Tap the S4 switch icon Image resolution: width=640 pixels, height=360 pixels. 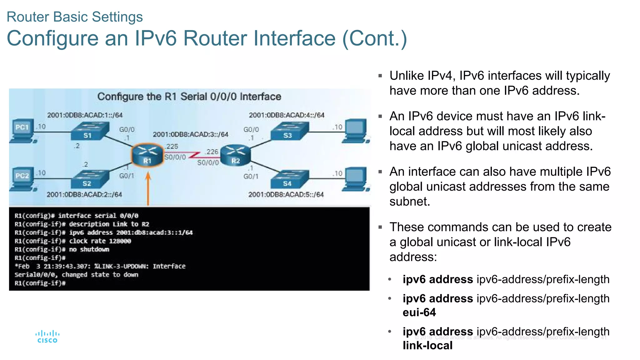pyautogui.click(x=289, y=179)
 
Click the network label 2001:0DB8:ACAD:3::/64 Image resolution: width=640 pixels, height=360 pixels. pyautogui.click(x=190, y=134)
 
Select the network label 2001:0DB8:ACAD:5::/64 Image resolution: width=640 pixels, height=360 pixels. pyautogui.click(x=286, y=194)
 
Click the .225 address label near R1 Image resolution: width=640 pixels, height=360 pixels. pyautogui.click(x=172, y=146)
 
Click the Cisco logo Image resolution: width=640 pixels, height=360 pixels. pyautogui.click(x=47, y=337)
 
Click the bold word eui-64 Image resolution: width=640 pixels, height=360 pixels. pyautogui.click(x=419, y=312)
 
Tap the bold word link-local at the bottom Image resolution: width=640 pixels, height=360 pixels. pyautogui.click(x=427, y=346)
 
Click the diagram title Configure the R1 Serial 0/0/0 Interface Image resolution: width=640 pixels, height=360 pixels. pyautogui.click(x=189, y=97)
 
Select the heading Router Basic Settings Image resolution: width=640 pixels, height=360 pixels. pyautogui.click(x=75, y=17)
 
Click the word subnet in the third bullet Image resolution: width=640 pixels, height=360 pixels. pyautogui.click(x=409, y=202)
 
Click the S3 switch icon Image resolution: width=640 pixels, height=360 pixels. pyautogui.click(x=289, y=130)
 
